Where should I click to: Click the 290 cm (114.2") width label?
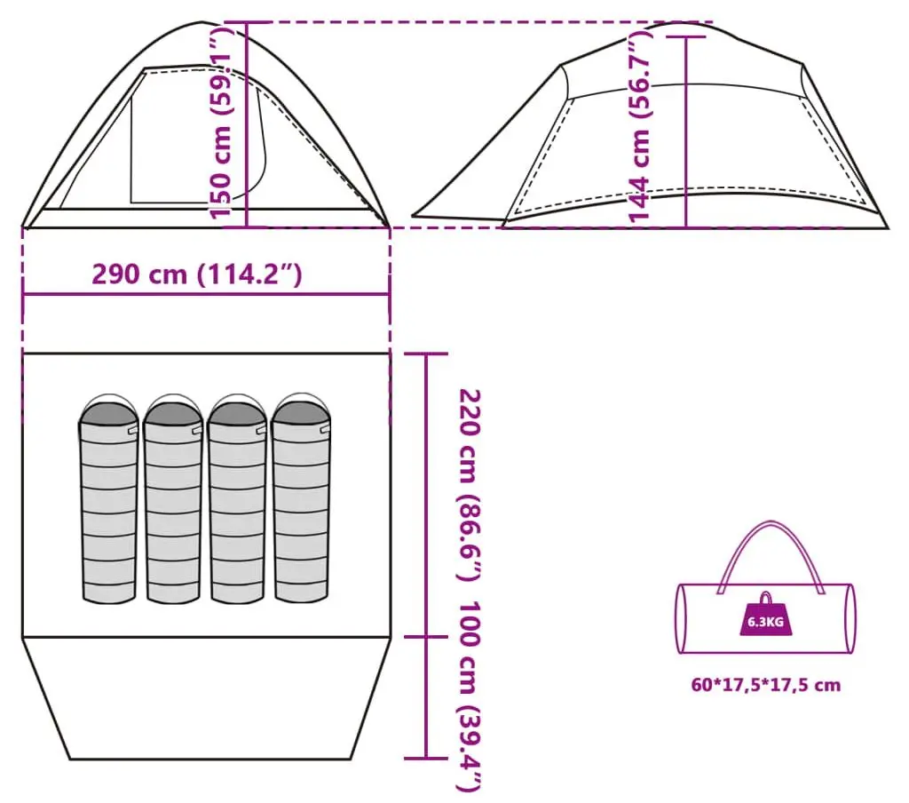(197, 274)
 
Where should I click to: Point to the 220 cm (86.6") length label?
(470, 485)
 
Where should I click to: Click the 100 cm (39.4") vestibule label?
(470, 696)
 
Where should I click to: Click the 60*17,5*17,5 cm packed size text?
(765, 685)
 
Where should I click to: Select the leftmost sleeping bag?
(109, 499)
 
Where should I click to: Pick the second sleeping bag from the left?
(173, 499)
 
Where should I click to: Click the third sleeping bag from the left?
(237, 499)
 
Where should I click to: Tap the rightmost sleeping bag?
(301, 499)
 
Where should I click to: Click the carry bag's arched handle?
(770, 524)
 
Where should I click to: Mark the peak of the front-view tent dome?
(202, 22)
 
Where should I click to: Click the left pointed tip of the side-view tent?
(413, 217)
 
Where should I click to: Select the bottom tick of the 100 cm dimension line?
(426, 758)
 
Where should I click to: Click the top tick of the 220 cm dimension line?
(426, 354)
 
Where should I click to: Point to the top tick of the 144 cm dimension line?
(686, 36)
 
